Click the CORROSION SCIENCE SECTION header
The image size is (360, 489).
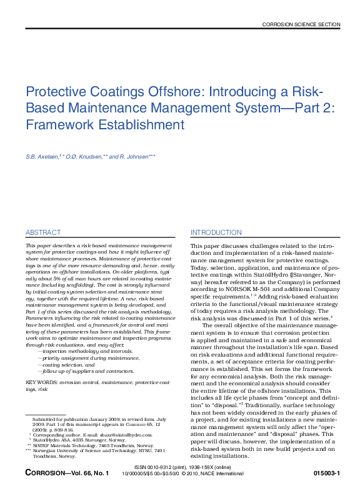(301, 24)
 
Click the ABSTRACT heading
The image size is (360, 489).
(43, 232)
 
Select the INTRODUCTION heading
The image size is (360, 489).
(216, 232)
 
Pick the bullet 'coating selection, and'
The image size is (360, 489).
(66, 365)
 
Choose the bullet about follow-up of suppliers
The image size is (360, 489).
(86, 371)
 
